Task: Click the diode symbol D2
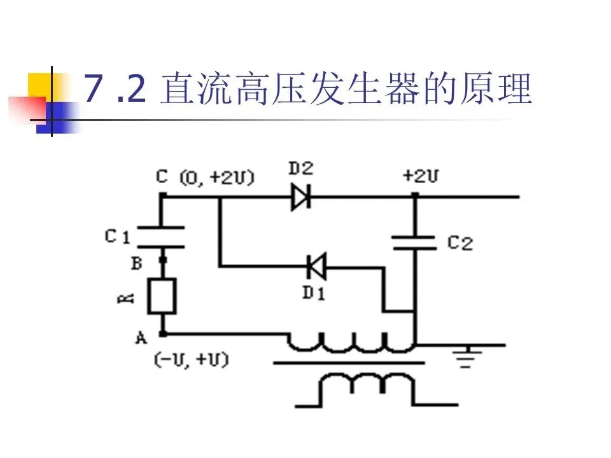301,197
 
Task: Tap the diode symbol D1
316,267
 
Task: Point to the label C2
460,242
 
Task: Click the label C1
117,237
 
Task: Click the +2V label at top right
420,176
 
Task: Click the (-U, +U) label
191,360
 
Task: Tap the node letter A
141,338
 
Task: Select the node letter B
136,263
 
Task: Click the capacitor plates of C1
162,237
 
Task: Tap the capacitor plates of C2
414,242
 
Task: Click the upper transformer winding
350,343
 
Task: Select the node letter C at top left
162,176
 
